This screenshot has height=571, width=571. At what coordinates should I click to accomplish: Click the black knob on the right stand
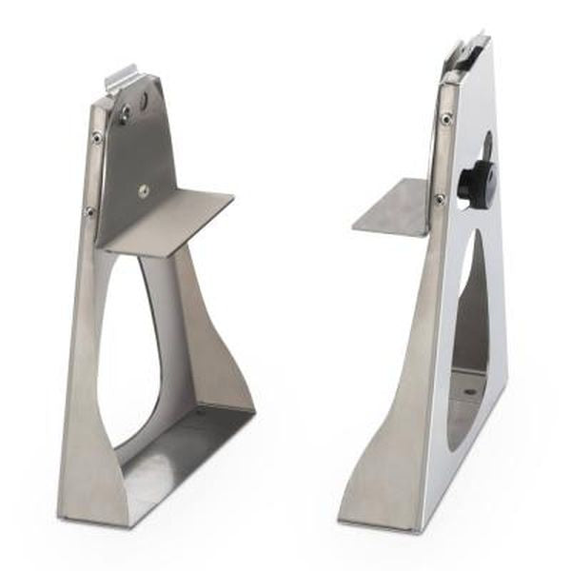[479, 180]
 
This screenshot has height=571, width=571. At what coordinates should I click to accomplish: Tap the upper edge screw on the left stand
[96, 139]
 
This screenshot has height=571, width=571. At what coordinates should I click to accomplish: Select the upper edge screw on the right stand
[445, 119]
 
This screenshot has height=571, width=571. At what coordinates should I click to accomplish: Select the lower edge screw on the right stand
[439, 199]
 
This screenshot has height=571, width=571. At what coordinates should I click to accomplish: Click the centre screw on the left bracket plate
[142, 188]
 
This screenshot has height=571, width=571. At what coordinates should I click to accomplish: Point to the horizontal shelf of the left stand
[177, 221]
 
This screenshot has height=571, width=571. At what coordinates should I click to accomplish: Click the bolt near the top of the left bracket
[125, 115]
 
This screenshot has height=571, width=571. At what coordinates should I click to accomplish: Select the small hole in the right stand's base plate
[468, 390]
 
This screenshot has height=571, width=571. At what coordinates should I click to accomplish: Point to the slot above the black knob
[486, 148]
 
